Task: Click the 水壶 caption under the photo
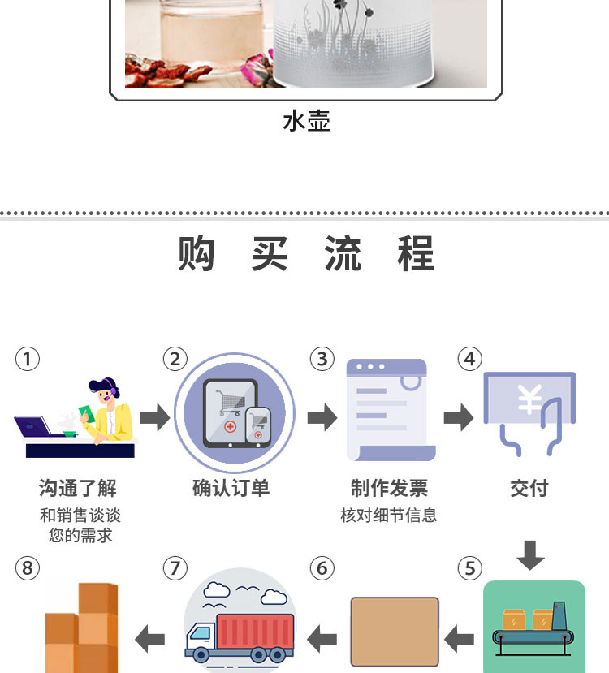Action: [306, 122]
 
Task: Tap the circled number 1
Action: [28, 359]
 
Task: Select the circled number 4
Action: [469, 359]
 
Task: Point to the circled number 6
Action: [322, 568]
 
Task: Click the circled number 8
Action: [28, 568]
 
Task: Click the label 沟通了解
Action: [78, 488]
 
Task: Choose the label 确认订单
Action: [231, 488]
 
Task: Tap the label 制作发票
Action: [389, 488]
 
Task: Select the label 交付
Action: [529, 488]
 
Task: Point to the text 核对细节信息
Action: [389, 516]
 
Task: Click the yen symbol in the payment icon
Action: [529, 400]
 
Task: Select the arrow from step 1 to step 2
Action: [154, 419]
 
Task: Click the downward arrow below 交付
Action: [530, 554]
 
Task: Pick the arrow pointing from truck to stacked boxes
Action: [149, 638]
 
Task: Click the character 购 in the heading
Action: [197, 254]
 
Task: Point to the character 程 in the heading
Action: [416, 254]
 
